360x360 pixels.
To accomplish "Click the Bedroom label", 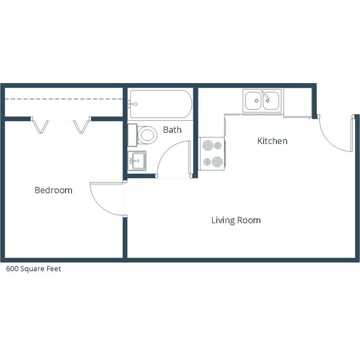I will click(x=53, y=190).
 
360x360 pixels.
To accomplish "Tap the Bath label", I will click(x=172, y=130).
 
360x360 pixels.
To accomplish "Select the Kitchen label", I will click(x=272, y=141).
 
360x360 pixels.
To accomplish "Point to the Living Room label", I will click(x=236, y=220).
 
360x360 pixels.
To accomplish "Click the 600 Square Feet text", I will click(x=33, y=269).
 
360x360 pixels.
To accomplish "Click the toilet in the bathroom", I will click(x=147, y=135).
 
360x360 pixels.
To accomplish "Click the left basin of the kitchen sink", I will click(x=253, y=101).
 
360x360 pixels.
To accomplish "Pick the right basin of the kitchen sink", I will click(x=271, y=101).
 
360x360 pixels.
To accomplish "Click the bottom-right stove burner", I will click(x=218, y=162).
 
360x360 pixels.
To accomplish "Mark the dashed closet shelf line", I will click(x=64, y=99).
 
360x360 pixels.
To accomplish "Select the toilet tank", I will click(x=132, y=135).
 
